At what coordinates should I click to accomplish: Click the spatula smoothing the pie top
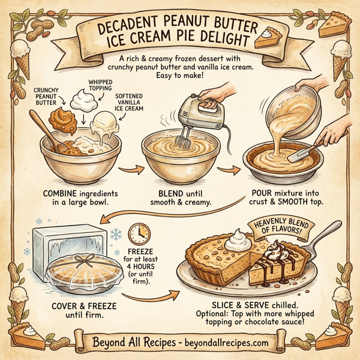pos(303,150)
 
